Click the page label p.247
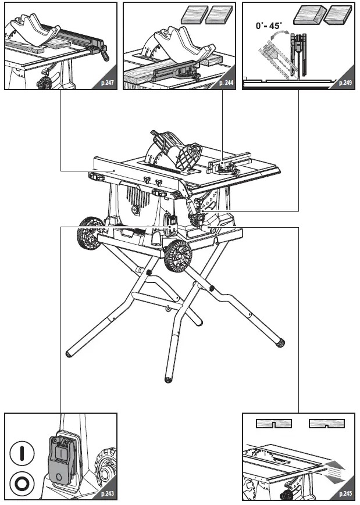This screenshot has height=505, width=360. [106, 84]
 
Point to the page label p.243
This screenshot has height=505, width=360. [106, 494]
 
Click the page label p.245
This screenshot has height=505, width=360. [344, 494]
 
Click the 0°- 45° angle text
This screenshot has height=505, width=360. [269, 26]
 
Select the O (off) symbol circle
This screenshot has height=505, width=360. [22, 483]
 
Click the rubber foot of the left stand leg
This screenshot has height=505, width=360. [69, 353]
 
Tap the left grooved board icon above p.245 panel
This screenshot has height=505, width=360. [275, 422]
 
